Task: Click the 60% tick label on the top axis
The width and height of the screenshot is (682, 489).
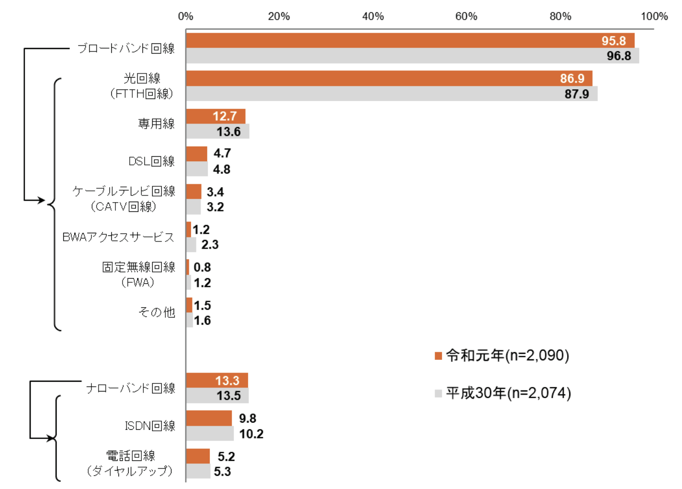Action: (466, 16)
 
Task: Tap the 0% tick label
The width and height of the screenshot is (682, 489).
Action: (186, 16)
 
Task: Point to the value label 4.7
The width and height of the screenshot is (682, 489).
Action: (222, 153)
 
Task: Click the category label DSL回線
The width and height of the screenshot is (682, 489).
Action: (152, 161)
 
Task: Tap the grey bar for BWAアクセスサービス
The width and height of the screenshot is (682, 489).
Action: (191, 244)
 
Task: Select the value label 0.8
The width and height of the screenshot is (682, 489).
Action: (202, 267)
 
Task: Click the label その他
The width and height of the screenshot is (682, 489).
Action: (157, 312)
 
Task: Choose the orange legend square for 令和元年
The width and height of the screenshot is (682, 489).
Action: (438, 356)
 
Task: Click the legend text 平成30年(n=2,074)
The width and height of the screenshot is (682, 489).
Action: (508, 393)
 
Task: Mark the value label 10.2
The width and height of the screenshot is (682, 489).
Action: (251, 434)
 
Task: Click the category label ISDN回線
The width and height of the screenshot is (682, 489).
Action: (150, 426)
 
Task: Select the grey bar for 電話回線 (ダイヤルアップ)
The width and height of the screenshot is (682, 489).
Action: (198, 471)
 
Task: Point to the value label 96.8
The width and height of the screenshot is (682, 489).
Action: (619, 56)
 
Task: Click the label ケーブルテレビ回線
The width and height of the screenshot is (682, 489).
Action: (124, 191)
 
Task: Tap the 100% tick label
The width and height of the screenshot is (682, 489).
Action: (654, 16)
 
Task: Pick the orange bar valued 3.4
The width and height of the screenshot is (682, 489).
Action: (193, 191)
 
